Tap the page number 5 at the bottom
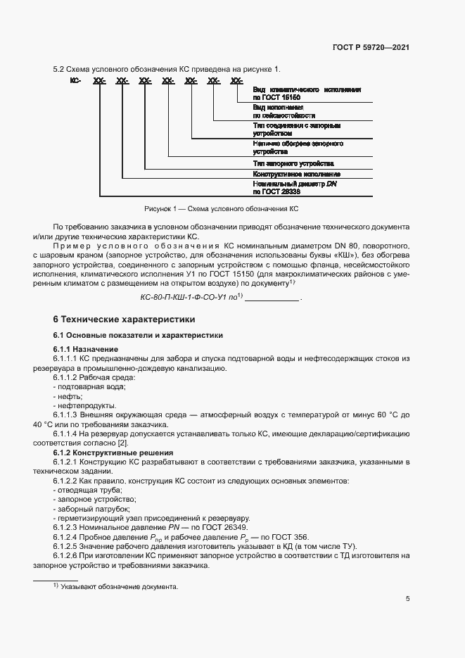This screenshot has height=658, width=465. coord(408,599)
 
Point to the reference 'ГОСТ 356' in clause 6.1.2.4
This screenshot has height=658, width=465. coord(288,537)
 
